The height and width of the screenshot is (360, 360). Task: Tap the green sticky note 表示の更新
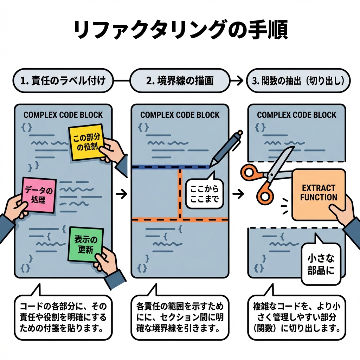click(x=86, y=244)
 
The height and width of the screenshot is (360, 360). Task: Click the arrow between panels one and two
click(x=121, y=194)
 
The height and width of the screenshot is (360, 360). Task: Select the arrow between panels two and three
click(x=239, y=194)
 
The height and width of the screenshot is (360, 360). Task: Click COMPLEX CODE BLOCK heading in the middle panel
click(x=180, y=115)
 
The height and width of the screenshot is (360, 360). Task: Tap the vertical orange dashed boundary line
click(x=180, y=193)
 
